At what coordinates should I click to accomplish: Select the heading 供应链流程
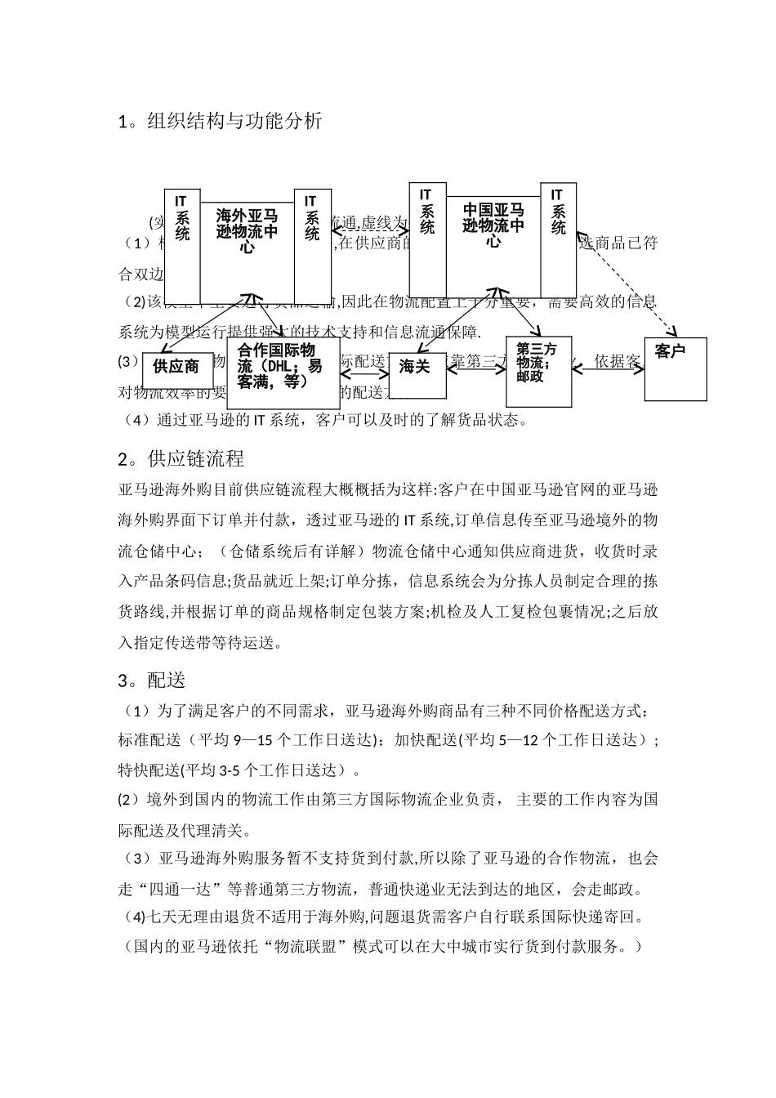195,458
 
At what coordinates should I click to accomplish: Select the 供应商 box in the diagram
176,367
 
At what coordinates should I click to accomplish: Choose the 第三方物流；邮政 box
538,371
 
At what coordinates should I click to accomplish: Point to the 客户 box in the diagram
675,369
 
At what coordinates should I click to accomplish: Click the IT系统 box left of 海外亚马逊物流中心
182,246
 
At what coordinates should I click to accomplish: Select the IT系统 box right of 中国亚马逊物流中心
558,232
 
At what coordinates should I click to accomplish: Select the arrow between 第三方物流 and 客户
609,369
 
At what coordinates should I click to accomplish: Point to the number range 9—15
252,740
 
